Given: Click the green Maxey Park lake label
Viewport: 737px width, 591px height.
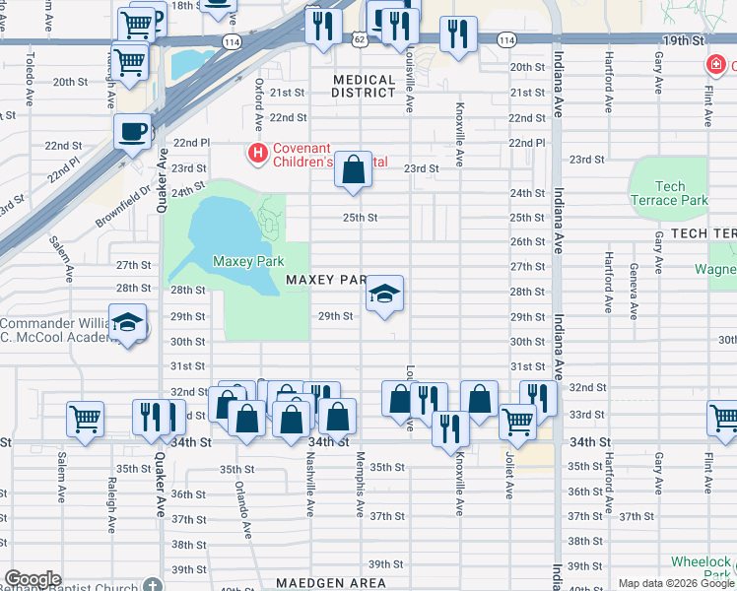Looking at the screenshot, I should coord(248,262).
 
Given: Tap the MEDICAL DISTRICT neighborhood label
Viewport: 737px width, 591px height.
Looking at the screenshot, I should coord(369,87).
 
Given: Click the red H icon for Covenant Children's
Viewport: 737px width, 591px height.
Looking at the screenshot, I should coord(257,153).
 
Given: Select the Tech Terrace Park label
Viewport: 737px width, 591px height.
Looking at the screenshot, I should coord(669,193).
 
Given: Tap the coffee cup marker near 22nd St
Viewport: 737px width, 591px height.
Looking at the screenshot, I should coord(132,131).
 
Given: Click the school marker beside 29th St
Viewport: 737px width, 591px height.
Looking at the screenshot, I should coord(385,294).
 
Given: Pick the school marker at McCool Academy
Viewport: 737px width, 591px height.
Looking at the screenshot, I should coord(127,324).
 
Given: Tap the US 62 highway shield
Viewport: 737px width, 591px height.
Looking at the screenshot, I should coord(361,39).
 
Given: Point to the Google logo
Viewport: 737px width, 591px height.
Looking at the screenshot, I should coord(33,579).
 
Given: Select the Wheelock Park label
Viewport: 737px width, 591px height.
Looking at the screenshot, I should coord(702,567).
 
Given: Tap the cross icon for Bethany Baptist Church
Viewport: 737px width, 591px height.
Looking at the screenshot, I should coord(151,585).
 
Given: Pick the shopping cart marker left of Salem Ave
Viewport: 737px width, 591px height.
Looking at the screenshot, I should coord(86,418).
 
